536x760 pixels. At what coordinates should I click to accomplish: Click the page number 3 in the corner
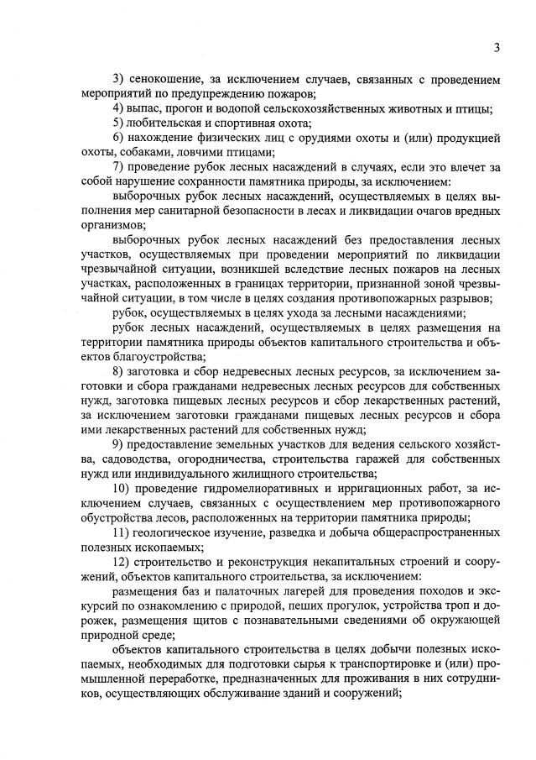(x=497, y=48)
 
